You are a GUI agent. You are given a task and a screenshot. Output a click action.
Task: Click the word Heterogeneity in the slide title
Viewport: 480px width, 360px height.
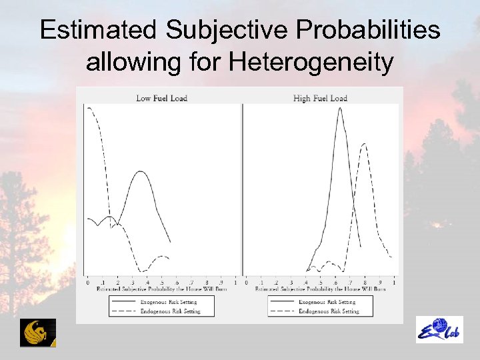click(311, 63)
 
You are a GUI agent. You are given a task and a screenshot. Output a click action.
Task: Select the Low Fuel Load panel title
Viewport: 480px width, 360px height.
click(161, 98)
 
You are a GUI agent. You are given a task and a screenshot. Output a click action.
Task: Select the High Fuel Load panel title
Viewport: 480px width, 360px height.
click(320, 98)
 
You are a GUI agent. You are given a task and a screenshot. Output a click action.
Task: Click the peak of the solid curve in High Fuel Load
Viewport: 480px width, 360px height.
click(340, 108)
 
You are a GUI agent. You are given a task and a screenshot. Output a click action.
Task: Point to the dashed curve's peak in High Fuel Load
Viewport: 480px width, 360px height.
click(364, 144)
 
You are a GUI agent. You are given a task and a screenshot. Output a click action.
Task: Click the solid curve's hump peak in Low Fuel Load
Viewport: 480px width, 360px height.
click(140, 171)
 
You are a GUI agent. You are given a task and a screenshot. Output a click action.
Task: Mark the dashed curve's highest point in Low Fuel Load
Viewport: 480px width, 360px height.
click(89, 107)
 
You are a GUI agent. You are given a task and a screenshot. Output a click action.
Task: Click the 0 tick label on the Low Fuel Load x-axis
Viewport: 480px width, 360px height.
click(88, 283)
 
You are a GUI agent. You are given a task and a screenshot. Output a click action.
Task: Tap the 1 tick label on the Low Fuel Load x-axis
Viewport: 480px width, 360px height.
click(236, 283)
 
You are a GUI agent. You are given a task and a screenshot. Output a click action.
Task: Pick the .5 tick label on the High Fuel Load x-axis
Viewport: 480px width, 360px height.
click(321, 283)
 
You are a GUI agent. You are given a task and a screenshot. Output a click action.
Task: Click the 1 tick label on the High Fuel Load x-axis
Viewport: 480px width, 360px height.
click(395, 283)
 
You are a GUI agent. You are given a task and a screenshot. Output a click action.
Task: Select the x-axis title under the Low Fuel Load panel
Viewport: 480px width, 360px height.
click(162, 289)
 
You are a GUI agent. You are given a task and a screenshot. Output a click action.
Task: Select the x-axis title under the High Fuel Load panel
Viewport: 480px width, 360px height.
click(321, 289)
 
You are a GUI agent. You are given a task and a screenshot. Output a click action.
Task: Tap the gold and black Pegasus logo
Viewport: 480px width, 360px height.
click(38, 333)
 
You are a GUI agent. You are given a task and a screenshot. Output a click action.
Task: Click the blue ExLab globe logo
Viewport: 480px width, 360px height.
click(439, 330)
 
